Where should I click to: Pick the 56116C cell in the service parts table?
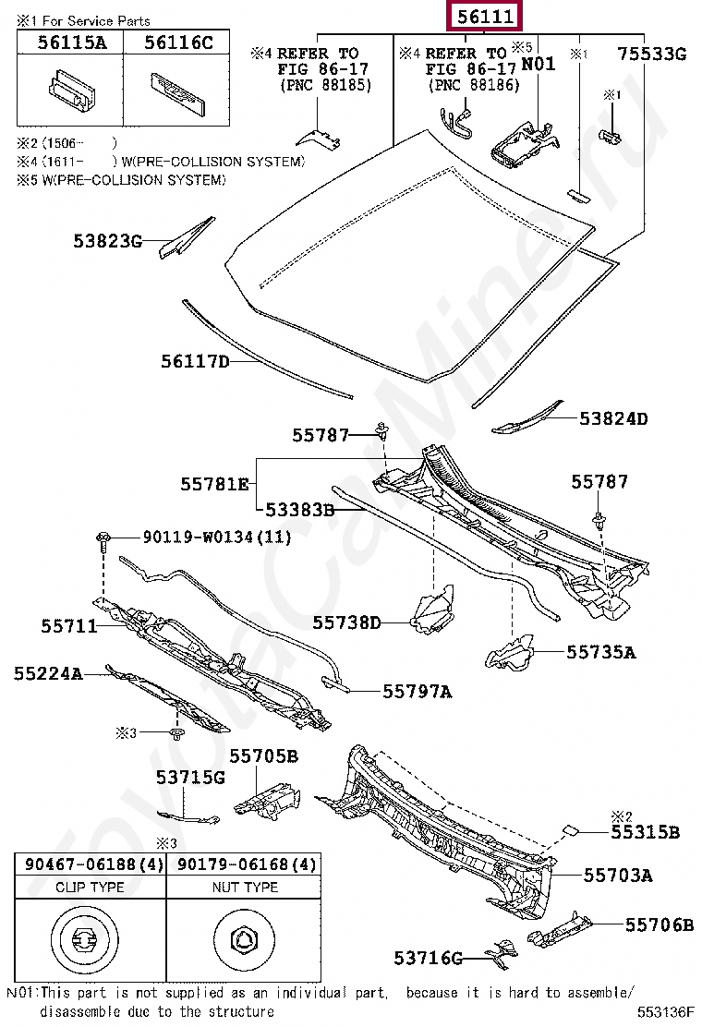coord(168,42)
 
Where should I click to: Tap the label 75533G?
coord(652,54)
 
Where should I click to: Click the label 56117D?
coord(195,362)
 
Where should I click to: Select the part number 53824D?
coord(613,418)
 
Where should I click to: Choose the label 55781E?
coord(214,483)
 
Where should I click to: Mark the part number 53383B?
coord(299,509)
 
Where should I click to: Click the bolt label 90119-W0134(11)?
coord(216,537)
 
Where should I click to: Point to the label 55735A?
coord(601,652)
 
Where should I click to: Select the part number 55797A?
coord(418,691)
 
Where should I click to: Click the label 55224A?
coord(48,674)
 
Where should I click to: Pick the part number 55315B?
coord(645,832)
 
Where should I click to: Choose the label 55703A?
coord(617,875)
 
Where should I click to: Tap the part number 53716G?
coord(428,959)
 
